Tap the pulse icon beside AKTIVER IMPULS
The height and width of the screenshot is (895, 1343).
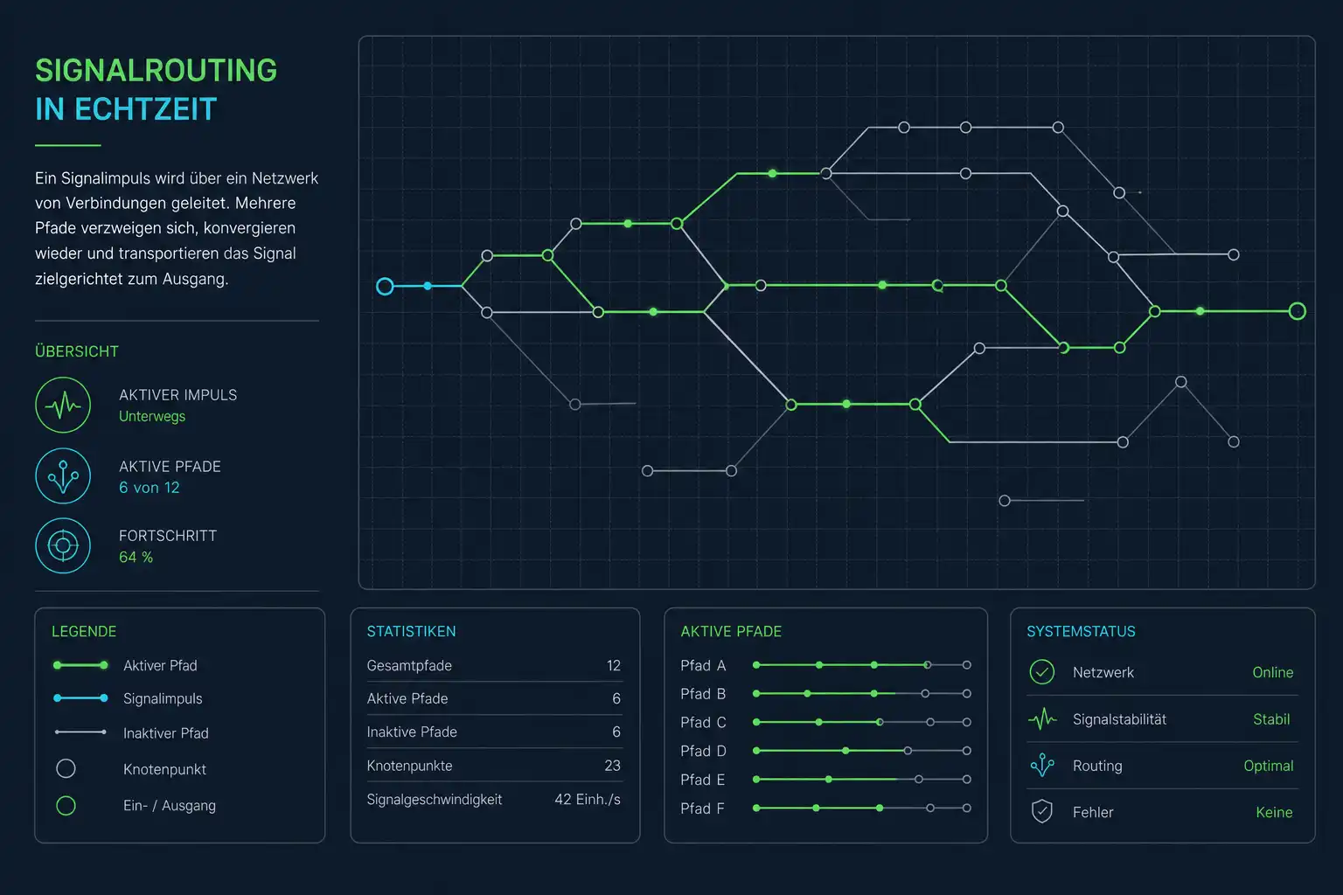coord(63,406)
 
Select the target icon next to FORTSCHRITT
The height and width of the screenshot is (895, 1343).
coord(63,545)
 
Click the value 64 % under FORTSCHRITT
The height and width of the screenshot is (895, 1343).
coord(136,557)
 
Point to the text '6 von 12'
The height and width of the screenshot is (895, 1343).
coord(150,488)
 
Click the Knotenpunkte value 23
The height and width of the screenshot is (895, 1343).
coord(612,766)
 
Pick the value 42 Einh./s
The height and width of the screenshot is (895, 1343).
coord(588,799)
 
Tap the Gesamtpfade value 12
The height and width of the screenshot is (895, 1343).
coord(613,665)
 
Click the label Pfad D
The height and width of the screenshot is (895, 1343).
coord(703,751)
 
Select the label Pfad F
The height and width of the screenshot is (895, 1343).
coord(703,808)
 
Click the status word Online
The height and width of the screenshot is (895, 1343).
coord(1273,673)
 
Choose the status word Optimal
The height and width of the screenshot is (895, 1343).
coord(1269,767)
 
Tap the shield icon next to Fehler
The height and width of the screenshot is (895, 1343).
coord(1042,812)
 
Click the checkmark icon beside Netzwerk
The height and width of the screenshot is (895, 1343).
coord(1042,672)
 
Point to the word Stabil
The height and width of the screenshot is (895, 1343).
coord(1271,719)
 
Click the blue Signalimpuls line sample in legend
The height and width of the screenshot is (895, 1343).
coord(80,698)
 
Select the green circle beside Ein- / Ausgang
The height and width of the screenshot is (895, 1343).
coord(66,806)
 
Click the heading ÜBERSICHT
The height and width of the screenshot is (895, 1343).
coord(77,351)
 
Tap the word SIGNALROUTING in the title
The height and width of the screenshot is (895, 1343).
coord(156,71)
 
